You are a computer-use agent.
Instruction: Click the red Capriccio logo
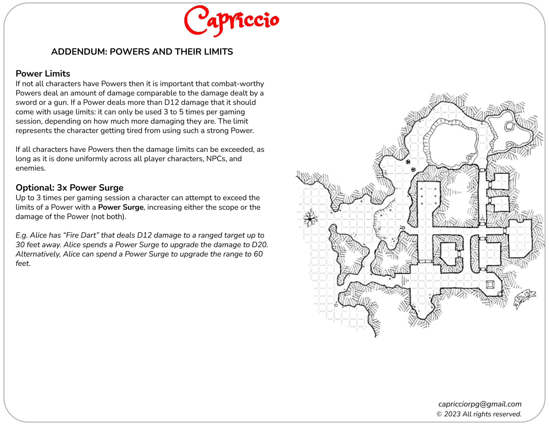231,21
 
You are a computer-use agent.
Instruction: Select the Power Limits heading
43,73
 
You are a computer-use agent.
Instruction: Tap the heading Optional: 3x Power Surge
69,187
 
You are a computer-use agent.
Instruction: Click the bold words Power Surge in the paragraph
121,207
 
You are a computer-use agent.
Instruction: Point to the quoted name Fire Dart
81,235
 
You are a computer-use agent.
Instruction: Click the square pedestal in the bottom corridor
490,285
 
